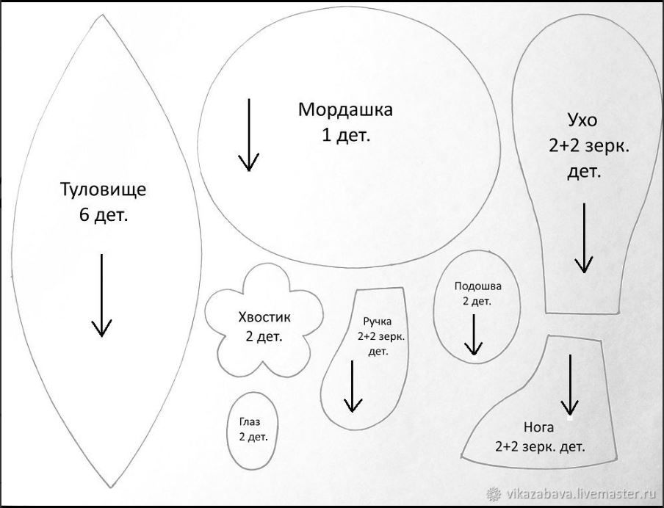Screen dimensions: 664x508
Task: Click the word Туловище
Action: [104, 189]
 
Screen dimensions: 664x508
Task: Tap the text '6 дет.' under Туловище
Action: [104, 216]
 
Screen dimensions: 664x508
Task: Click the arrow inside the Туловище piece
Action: [101, 296]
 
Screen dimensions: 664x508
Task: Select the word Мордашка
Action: [345, 109]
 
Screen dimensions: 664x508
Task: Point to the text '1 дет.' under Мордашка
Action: [346, 136]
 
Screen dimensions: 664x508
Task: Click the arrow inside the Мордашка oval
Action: [248, 135]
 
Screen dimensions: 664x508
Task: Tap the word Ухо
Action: [582, 120]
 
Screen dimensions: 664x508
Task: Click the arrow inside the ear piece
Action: [585, 239]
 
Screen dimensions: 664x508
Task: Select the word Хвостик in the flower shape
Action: [264, 317]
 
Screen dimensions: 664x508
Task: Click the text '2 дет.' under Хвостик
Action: [264, 337]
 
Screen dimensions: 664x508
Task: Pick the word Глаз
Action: [250, 421]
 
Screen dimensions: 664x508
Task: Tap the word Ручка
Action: [378, 322]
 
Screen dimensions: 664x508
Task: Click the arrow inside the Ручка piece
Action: [353, 386]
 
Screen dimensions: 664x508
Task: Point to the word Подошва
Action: [477, 286]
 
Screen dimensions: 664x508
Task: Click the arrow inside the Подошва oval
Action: [474, 335]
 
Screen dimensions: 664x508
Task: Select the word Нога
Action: [538, 427]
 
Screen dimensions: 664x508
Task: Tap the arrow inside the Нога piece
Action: [570, 385]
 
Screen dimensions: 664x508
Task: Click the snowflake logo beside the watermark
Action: [494, 494]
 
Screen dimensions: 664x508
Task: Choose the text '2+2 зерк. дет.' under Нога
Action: [541, 447]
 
